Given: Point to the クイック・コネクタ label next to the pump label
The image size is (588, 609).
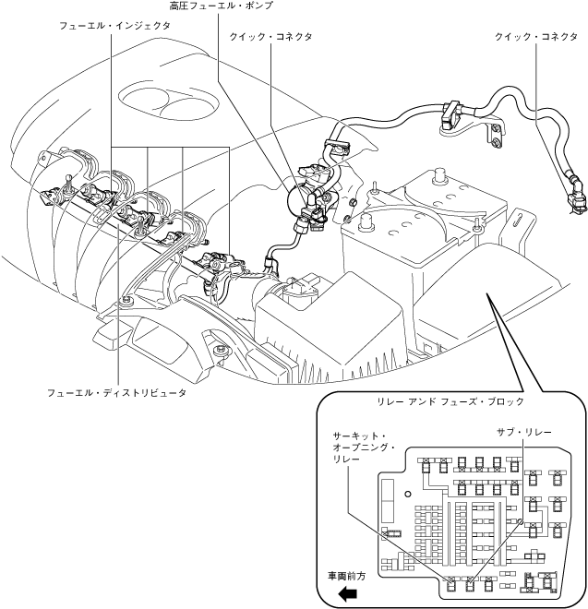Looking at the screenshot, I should [x=270, y=36].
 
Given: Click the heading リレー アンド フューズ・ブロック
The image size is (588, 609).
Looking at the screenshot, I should [x=450, y=402].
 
